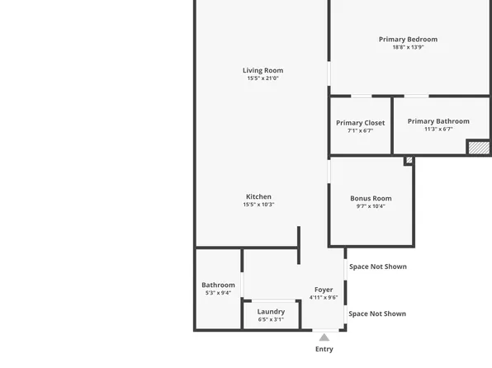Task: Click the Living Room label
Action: click(263, 70)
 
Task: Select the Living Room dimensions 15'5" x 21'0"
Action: click(263, 78)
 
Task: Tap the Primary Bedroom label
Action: click(408, 39)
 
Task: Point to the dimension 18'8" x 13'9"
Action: click(408, 47)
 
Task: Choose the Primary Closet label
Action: click(360, 123)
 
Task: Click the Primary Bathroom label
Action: click(438, 121)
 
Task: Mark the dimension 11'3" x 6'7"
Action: click(438, 130)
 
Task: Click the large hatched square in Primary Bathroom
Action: click(478, 148)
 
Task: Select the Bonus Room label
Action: click(371, 198)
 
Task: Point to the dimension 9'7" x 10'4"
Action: click(371, 206)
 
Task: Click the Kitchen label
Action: click(258, 196)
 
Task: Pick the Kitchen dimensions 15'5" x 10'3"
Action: click(258, 205)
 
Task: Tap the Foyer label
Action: click(324, 290)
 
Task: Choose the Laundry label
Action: click(271, 311)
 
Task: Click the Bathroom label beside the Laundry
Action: click(218, 285)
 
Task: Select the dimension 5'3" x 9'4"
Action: click(218, 293)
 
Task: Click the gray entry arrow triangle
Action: click(324, 337)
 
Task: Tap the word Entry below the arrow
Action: click(324, 349)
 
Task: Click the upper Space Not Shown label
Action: click(377, 267)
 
